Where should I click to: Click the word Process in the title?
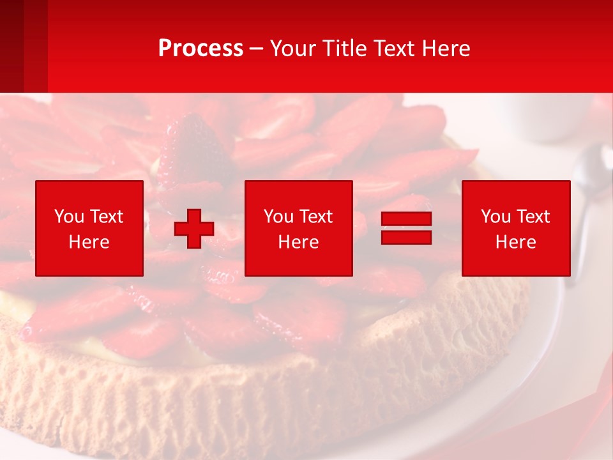(201, 49)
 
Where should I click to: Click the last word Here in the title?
(445, 49)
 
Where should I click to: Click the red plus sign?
(194, 228)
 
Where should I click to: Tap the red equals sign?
(406, 228)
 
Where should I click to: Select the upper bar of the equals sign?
(406, 219)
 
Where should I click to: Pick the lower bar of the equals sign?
(406, 237)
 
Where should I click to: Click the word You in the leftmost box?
(68, 217)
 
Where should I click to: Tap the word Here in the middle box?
(298, 242)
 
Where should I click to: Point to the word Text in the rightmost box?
(533, 217)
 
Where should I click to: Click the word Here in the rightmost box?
(515, 242)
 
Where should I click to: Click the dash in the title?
(257, 49)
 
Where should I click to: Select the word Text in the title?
(393, 49)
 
